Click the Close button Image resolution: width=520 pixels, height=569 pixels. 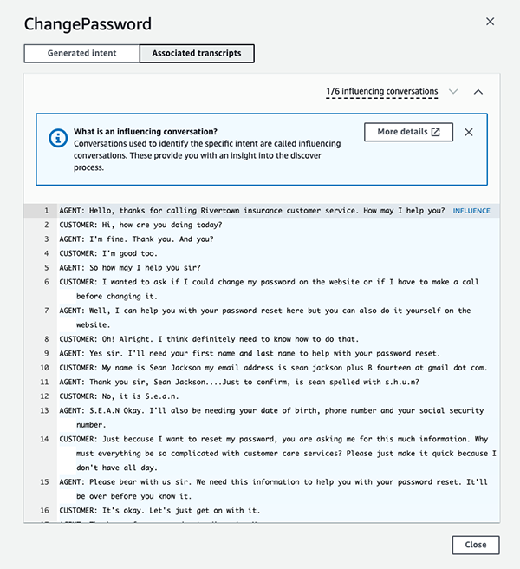[x=475, y=545]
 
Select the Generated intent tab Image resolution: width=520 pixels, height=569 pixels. [x=81, y=54]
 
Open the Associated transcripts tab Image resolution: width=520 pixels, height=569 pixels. [x=197, y=54]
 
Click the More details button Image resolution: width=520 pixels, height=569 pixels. [x=408, y=132]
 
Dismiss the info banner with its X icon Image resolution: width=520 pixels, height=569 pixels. [x=469, y=132]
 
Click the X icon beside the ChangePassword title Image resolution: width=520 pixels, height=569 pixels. [x=490, y=22]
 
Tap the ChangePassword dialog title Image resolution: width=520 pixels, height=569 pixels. [x=88, y=24]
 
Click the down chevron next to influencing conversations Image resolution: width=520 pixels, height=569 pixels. [x=453, y=91]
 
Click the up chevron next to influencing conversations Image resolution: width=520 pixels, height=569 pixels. [x=478, y=91]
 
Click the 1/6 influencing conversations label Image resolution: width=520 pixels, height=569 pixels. [x=382, y=91]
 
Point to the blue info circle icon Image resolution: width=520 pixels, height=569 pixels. [x=58, y=137]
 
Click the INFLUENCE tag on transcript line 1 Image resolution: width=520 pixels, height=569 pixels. [x=471, y=211]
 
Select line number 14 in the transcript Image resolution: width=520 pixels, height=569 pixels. [x=44, y=440]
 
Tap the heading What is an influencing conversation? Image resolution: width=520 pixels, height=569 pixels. [x=146, y=132]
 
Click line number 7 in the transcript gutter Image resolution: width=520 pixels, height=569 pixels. [x=46, y=311]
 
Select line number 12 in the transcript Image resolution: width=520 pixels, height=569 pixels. [x=44, y=396]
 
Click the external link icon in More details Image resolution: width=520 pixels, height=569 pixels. [x=436, y=132]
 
